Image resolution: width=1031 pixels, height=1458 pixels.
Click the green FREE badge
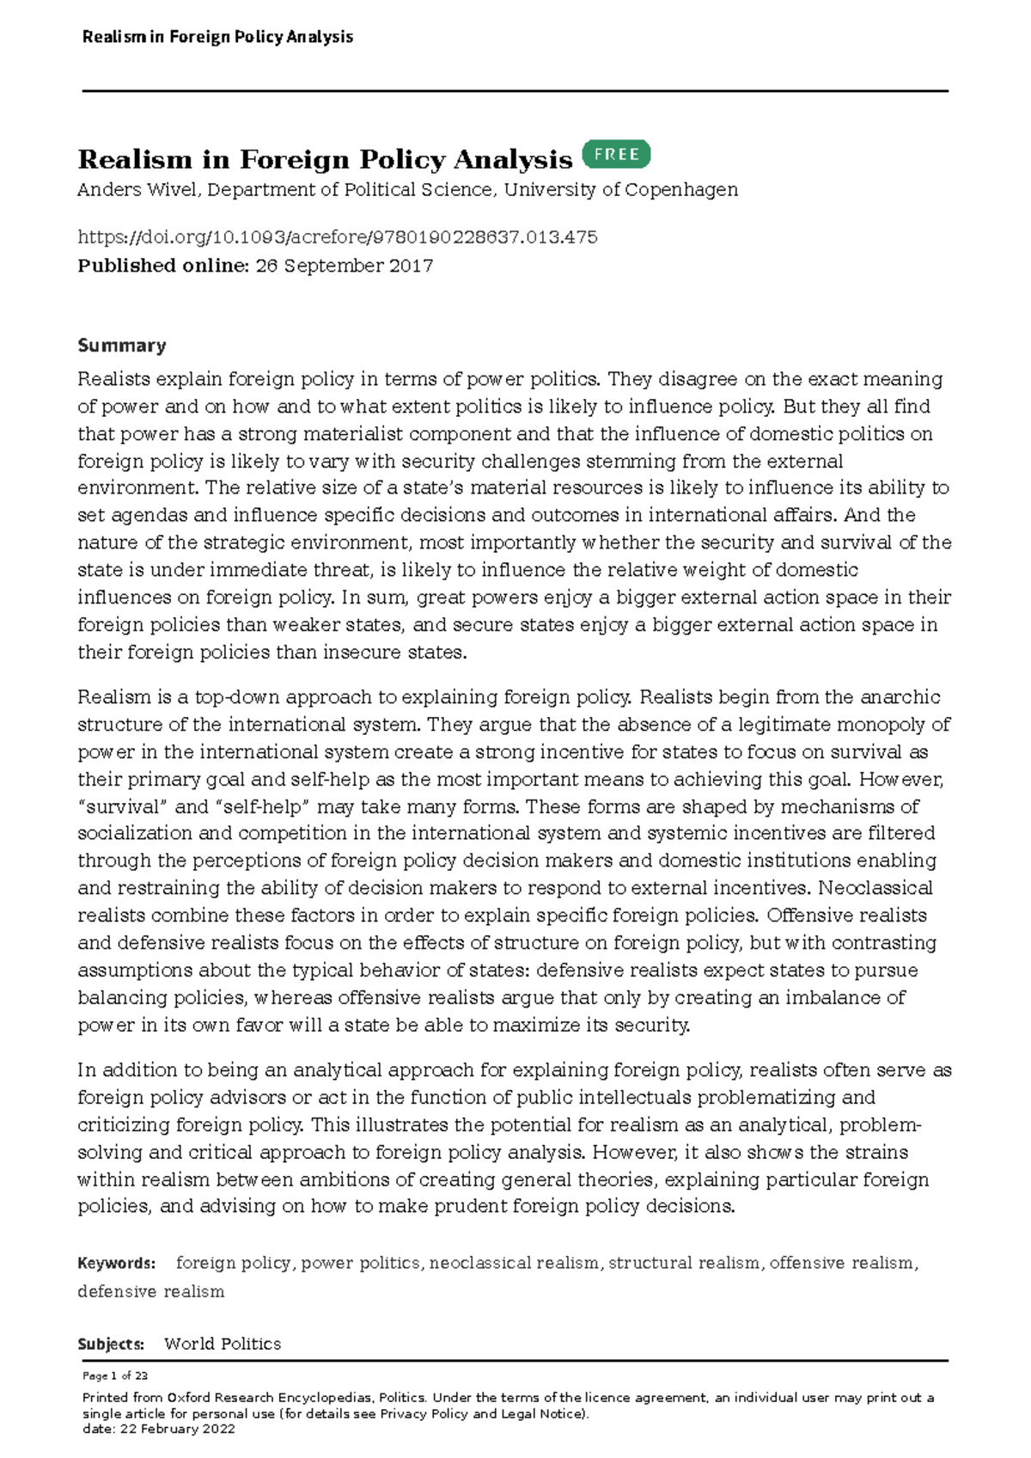616,155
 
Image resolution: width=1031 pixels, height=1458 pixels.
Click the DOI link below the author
337,237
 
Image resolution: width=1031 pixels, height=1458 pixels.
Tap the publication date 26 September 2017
344,266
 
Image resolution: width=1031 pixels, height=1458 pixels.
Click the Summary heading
121,346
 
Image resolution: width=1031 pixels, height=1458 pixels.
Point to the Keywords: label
116,1263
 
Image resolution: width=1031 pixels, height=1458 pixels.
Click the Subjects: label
111,1344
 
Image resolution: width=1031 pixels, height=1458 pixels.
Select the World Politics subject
223,1344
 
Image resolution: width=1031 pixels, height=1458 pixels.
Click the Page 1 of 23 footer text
115,1375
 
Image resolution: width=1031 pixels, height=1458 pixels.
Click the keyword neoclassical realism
514,1263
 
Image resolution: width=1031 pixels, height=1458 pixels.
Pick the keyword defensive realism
150,1291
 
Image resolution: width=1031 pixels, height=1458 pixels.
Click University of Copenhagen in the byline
620,190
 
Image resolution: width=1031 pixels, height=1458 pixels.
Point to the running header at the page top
217,37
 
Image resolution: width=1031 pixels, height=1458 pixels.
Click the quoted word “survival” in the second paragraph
121,806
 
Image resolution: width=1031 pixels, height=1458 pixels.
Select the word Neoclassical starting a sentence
875,887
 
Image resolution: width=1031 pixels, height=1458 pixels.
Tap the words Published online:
162,266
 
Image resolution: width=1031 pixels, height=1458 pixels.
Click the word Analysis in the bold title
512,160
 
